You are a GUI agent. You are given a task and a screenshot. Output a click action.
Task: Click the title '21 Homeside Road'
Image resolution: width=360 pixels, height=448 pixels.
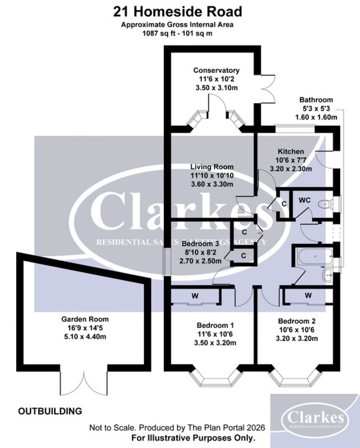coord(178,12)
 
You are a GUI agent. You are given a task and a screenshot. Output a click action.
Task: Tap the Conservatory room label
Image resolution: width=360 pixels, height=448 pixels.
coord(217,71)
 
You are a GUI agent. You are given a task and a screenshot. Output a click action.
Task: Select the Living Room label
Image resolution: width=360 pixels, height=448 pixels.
coord(212,167)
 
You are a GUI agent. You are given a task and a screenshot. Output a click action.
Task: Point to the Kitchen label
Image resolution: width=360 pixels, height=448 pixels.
coord(291,152)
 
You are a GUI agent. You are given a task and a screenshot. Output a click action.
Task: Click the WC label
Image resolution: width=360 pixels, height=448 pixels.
coord(304,200)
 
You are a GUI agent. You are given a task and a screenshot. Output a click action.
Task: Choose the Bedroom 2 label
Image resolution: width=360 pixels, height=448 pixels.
coord(297,321)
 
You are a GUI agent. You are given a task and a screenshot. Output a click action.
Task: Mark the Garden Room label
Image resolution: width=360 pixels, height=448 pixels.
coord(85,319)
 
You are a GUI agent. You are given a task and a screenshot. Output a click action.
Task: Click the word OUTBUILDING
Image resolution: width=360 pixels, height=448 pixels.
coord(50,410)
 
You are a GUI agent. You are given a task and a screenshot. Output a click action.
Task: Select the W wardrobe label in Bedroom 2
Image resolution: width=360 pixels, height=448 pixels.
coord(308,296)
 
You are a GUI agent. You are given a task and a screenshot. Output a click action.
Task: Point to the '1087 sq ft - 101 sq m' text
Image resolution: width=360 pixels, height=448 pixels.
coord(177,34)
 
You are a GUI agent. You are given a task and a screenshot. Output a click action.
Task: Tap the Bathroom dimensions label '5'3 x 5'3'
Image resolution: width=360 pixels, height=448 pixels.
coord(316,109)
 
